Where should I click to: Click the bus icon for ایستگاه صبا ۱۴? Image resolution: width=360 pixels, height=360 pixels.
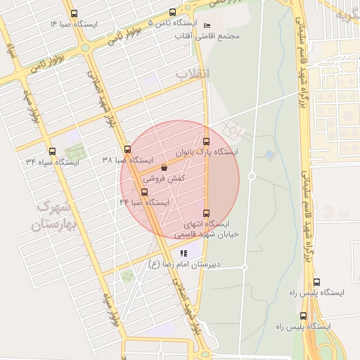click(x=75, y=14)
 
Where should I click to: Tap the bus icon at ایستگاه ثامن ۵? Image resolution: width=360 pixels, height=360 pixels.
click(x=173, y=12)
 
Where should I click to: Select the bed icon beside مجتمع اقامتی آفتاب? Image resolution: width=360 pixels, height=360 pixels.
click(x=207, y=25)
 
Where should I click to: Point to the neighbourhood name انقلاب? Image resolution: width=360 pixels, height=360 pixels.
click(x=192, y=73)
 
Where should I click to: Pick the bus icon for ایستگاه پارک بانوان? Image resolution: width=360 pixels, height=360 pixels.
click(x=206, y=141)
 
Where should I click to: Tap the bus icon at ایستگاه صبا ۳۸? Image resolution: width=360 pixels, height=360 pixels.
click(x=127, y=149)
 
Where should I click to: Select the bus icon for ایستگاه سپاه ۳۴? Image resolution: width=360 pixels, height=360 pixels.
click(x=52, y=151)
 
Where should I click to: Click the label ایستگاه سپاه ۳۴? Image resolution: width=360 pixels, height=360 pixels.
click(x=53, y=162)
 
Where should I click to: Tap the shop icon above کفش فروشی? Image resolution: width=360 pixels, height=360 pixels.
click(x=164, y=168)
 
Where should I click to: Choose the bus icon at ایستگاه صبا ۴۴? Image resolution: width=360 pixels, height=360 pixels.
click(x=145, y=192)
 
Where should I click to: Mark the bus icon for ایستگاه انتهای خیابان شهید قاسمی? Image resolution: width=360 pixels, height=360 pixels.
click(x=206, y=213)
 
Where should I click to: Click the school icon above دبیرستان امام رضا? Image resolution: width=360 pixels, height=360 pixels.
click(x=184, y=253)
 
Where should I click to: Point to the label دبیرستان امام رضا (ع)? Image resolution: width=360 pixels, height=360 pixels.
click(x=184, y=264)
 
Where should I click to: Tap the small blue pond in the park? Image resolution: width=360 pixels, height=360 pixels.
click(x=269, y=154)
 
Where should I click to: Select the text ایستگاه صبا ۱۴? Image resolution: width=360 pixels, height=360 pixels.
click(x=75, y=25)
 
